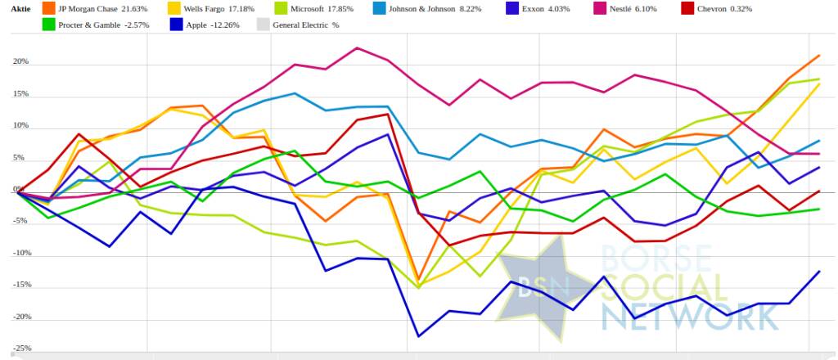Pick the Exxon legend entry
tap(564, 8)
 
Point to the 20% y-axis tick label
tap(20, 62)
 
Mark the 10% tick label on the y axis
tap(20, 126)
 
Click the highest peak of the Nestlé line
tap(357, 47)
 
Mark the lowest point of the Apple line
tap(419, 336)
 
